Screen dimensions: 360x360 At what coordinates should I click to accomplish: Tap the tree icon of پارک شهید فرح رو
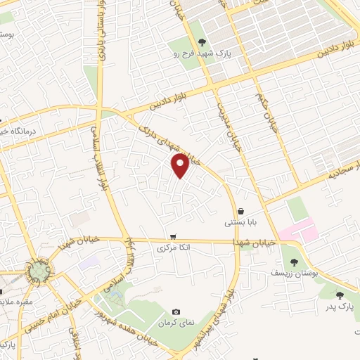202,44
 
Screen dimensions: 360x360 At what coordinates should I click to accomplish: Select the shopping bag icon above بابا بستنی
241,211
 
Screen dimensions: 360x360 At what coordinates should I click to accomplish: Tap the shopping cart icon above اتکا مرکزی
173,237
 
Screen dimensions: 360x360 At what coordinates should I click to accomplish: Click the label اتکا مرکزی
173,248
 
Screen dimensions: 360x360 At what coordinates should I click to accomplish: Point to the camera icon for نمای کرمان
176,312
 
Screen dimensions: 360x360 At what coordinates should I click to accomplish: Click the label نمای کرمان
174,323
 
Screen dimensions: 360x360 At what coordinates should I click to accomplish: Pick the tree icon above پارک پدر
340,295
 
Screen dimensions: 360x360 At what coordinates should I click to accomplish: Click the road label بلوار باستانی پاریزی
101,32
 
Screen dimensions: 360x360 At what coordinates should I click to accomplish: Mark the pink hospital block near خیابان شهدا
298,231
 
